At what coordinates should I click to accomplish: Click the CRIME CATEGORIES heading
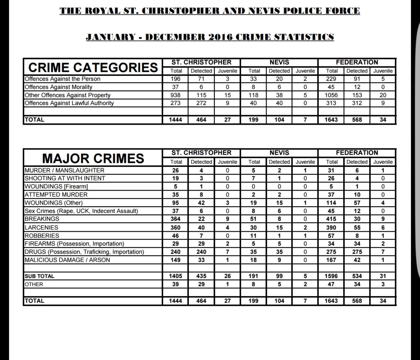click(93, 67)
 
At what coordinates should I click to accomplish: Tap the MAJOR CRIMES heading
click(93, 158)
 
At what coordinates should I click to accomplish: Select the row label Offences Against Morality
click(59, 87)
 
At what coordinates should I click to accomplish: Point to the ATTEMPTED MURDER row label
click(56, 195)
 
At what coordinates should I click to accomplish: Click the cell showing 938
click(176, 95)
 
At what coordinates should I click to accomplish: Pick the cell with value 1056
click(331, 95)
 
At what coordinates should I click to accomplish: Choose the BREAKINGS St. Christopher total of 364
click(176, 219)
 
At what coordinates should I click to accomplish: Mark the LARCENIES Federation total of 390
click(331, 227)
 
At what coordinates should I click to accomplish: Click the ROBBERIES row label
click(42, 235)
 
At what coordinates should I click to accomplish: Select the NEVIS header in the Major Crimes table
click(279, 153)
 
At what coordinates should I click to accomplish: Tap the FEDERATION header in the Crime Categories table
click(357, 62)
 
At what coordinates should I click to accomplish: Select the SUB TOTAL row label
click(39, 276)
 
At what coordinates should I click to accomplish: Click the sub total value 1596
click(331, 276)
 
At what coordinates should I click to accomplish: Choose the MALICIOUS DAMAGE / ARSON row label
click(67, 260)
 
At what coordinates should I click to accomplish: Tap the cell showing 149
click(176, 260)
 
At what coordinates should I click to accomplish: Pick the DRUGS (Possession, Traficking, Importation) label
click(84, 252)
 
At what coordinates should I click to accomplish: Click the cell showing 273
click(176, 103)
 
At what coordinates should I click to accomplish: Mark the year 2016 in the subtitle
click(221, 37)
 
